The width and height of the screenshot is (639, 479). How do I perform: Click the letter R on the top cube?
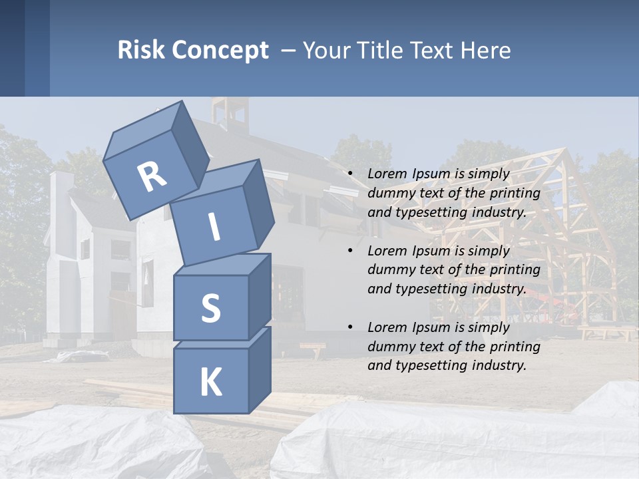tap(152, 176)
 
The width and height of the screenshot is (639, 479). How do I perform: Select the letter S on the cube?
tap(210, 309)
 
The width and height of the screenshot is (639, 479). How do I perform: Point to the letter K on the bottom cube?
tap(210, 383)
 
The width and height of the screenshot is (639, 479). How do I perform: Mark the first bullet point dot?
tap(350, 174)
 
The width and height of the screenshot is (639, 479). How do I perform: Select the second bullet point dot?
tap(350, 251)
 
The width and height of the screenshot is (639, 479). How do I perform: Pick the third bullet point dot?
tap(350, 327)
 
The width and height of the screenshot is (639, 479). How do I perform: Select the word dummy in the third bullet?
tap(389, 347)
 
